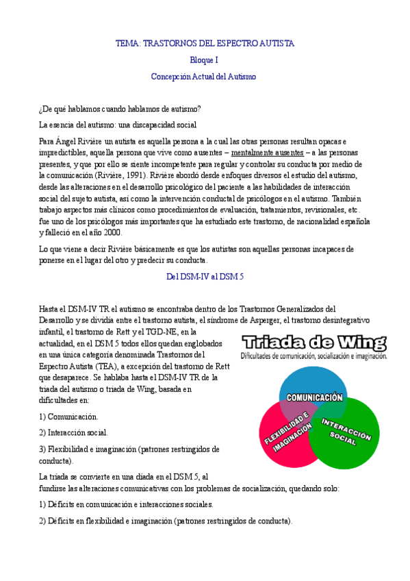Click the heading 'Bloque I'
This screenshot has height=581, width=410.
pyautogui.click(x=203, y=60)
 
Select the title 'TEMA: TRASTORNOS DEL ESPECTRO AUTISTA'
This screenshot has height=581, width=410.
pyautogui.click(x=204, y=43)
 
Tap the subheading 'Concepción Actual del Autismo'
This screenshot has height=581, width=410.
pyautogui.click(x=203, y=77)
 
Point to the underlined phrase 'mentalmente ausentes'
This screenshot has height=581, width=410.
pyautogui.click(x=268, y=152)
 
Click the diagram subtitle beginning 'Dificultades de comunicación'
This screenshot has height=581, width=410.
pyautogui.click(x=313, y=356)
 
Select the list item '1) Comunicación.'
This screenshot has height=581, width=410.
pyautogui.click(x=68, y=416)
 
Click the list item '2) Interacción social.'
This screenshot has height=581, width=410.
pyautogui.click(x=73, y=432)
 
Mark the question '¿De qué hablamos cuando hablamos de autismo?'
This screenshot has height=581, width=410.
pyautogui.click(x=120, y=109)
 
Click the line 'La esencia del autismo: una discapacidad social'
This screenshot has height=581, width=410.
pyautogui.click(x=118, y=125)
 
